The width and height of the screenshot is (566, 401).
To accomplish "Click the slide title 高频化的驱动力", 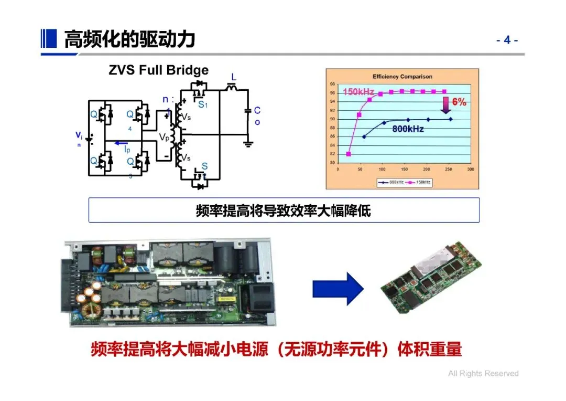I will pyautogui.click(x=129, y=39).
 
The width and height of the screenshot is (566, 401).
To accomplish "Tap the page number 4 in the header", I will pyautogui.click(x=507, y=40).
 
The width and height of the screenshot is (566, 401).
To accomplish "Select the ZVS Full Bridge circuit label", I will pyautogui.click(x=158, y=70).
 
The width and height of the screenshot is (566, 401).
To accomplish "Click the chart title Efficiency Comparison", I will pyautogui.click(x=402, y=77).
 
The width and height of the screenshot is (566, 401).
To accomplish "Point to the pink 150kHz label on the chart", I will pyautogui.click(x=358, y=92).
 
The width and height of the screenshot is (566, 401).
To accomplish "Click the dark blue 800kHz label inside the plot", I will pyautogui.click(x=408, y=129).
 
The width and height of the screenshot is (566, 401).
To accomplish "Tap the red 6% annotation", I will pyautogui.click(x=459, y=102).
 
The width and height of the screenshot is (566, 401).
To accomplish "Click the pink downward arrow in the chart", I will pyautogui.click(x=445, y=104).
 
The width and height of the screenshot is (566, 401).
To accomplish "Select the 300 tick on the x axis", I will pyautogui.click(x=470, y=170).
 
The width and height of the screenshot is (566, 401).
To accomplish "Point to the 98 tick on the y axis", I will pyautogui.click(x=332, y=84).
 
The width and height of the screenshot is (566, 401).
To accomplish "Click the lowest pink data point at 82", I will pyautogui.click(x=349, y=154).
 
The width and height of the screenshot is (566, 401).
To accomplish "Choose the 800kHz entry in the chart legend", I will pyautogui.click(x=390, y=182).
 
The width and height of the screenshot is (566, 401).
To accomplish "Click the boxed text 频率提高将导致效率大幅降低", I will pyautogui.click(x=284, y=211).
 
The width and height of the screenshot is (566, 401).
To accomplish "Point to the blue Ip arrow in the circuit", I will pyautogui.click(x=122, y=142).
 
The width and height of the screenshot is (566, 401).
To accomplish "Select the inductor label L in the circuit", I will pyautogui.click(x=234, y=78).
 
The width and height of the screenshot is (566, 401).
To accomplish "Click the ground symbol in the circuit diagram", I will pyautogui.click(x=248, y=143).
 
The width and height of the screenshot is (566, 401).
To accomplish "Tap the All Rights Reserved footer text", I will pyautogui.click(x=483, y=374).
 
